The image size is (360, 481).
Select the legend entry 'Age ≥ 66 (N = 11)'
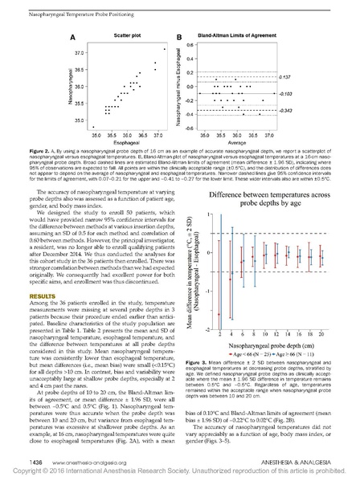pos(281,352)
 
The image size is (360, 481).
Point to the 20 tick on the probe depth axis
pos(320,332)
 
